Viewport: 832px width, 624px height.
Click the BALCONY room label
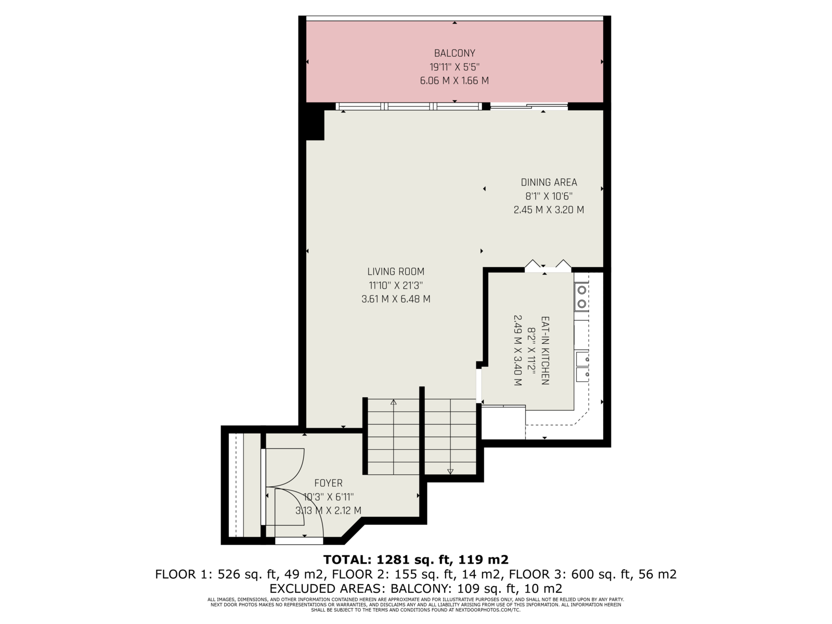tap(454, 53)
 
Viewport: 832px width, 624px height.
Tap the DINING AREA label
tap(549, 182)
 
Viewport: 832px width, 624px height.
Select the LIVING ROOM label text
tap(396, 271)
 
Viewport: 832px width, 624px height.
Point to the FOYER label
tap(328, 483)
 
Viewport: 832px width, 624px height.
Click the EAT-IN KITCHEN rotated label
tap(544, 350)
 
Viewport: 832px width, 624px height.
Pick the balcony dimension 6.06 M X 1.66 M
tap(454, 81)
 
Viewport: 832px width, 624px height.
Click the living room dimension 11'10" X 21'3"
tap(396, 285)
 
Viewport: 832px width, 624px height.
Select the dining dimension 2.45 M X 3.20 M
tap(549, 210)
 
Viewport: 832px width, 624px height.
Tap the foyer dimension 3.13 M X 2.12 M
tap(328, 510)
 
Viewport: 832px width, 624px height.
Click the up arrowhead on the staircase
tap(394, 402)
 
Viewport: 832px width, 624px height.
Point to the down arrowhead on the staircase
tap(450, 472)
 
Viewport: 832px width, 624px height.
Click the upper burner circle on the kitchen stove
tap(582, 290)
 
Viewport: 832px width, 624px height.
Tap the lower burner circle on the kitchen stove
tap(582, 304)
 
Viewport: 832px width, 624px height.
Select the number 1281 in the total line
tap(390, 559)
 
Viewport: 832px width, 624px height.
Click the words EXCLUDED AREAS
tap(328, 589)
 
